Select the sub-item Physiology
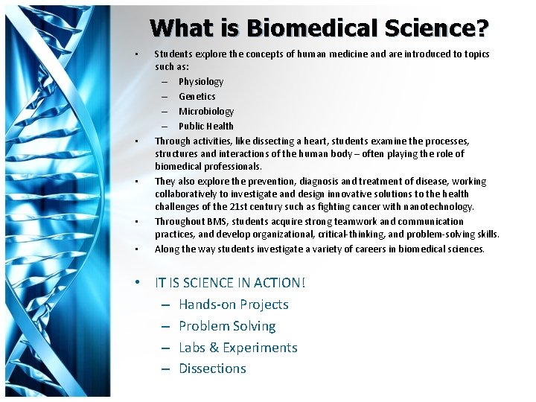pyautogui.click(x=201, y=81)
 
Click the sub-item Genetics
pyautogui.click(x=197, y=96)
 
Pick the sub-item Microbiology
pyautogui.click(x=206, y=111)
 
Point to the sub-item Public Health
pyautogui.click(x=206, y=126)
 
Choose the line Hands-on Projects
pyautogui.click(x=233, y=304)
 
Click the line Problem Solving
pyautogui.click(x=227, y=326)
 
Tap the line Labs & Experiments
pyautogui.click(x=237, y=348)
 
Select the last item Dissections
pyautogui.click(x=212, y=368)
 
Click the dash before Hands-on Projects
pyautogui.click(x=163, y=304)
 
